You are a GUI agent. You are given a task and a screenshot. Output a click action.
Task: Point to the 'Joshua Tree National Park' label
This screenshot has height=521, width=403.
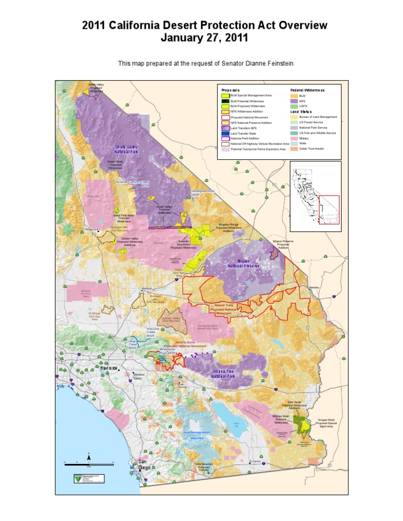[226, 374]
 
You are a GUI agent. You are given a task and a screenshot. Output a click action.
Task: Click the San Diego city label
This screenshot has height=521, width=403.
[144, 464]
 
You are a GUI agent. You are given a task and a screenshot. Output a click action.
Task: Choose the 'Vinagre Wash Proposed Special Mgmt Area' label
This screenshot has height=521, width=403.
[330, 423]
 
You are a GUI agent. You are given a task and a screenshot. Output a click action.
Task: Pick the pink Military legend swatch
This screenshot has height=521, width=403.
[294, 138]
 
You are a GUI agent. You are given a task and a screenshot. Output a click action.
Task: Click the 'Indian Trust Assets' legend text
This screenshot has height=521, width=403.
[311, 149]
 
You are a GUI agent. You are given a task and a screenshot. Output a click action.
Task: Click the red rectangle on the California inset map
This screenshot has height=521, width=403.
[330, 209]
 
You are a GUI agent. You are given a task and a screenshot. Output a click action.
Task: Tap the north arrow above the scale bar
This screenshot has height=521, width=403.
[89, 454]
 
